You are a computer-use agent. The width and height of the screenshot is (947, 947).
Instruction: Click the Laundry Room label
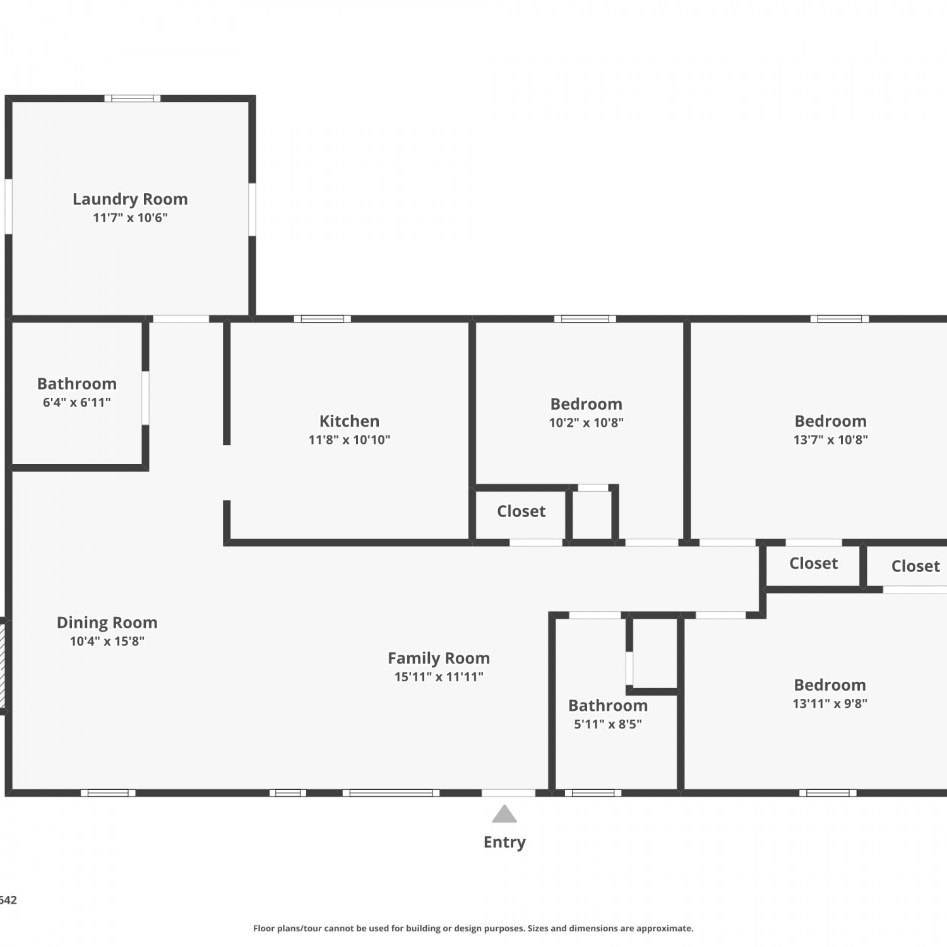click(130, 200)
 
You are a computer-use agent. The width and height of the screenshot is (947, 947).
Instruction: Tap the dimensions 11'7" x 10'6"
click(130, 218)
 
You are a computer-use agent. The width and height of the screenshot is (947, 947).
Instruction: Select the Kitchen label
click(349, 421)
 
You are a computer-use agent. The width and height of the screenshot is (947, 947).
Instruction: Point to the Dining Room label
click(107, 623)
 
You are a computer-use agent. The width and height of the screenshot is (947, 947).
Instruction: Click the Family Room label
click(439, 658)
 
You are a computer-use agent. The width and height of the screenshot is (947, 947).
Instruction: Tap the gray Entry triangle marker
click(504, 814)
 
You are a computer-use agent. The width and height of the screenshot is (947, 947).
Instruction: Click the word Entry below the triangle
click(504, 842)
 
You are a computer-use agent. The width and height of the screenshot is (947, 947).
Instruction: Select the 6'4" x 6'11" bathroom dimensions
click(77, 402)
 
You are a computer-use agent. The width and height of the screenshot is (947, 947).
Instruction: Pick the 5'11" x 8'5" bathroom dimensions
click(608, 724)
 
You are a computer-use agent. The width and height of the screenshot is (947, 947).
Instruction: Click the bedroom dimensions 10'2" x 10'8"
click(587, 422)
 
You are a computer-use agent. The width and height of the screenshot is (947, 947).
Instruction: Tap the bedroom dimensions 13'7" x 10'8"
click(831, 439)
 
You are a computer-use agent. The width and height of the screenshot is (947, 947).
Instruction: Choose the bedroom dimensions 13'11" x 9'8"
click(830, 703)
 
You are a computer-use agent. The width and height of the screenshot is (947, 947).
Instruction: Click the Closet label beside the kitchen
click(521, 511)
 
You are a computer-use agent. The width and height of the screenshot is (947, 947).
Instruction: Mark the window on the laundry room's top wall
click(133, 98)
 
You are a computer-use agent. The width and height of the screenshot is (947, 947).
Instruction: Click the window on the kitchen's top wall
click(323, 319)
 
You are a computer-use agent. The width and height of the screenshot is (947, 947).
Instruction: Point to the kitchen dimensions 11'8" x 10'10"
click(349, 439)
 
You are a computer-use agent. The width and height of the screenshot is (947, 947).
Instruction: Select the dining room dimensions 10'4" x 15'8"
click(107, 641)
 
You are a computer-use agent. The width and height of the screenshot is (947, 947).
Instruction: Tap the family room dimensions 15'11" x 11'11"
click(439, 677)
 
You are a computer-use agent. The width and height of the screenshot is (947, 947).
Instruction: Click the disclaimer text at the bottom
click(473, 928)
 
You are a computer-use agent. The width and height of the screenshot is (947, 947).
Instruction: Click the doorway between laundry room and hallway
click(181, 319)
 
